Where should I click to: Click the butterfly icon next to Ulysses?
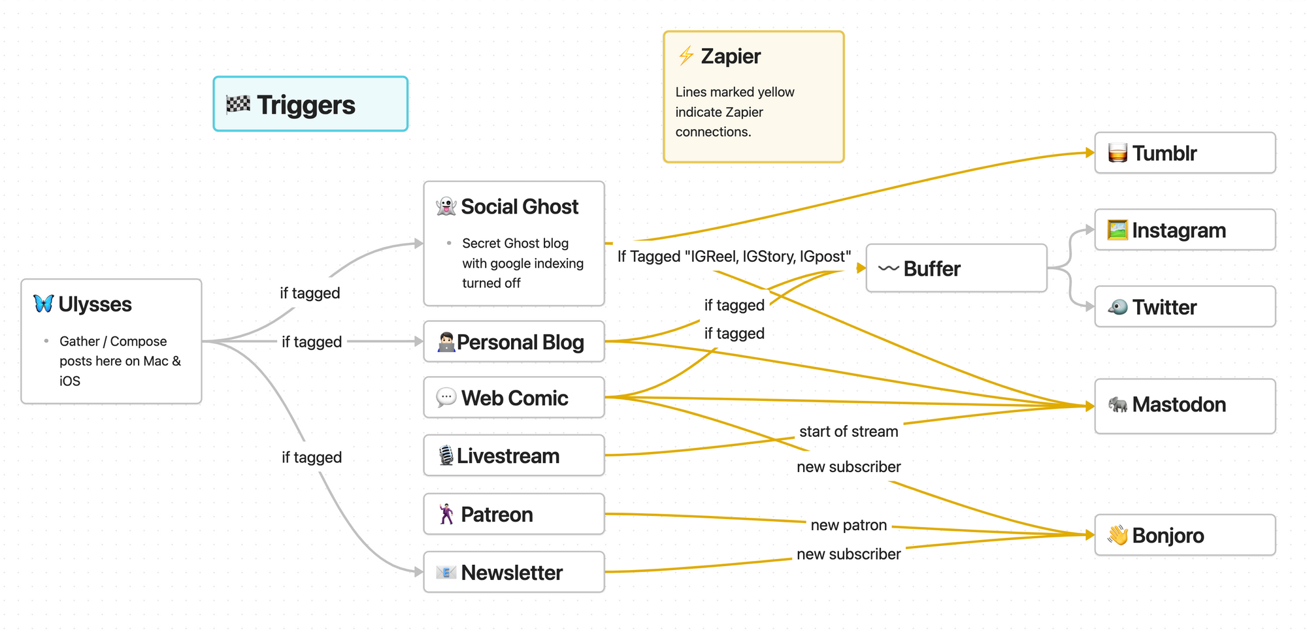coord(43,304)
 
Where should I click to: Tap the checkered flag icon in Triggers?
coord(238,104)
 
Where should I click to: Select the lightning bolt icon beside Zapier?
coord(686,56)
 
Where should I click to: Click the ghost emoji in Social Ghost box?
coord(446,206)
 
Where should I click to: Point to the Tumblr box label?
coord(1164,153)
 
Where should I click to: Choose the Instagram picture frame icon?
coord(1117,230)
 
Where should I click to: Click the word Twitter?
coord(1164,307)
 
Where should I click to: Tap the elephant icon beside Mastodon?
coord(1117,405)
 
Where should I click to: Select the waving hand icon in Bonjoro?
coord(1117,535)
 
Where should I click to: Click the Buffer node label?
coord(931,269)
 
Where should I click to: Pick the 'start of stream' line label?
coord(848,432)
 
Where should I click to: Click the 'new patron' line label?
coord(848,525)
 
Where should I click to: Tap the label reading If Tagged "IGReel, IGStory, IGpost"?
coord(734,257)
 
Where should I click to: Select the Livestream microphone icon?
coord(446,455)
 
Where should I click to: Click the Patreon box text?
coord(497,515)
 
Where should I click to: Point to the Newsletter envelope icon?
coord(446,573)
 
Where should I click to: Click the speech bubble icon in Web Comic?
coord(446,397)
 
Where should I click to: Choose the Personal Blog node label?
coord(520,342)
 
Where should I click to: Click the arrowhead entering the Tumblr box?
coord(1089,153)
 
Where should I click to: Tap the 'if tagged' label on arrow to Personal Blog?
coord(312,342)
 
